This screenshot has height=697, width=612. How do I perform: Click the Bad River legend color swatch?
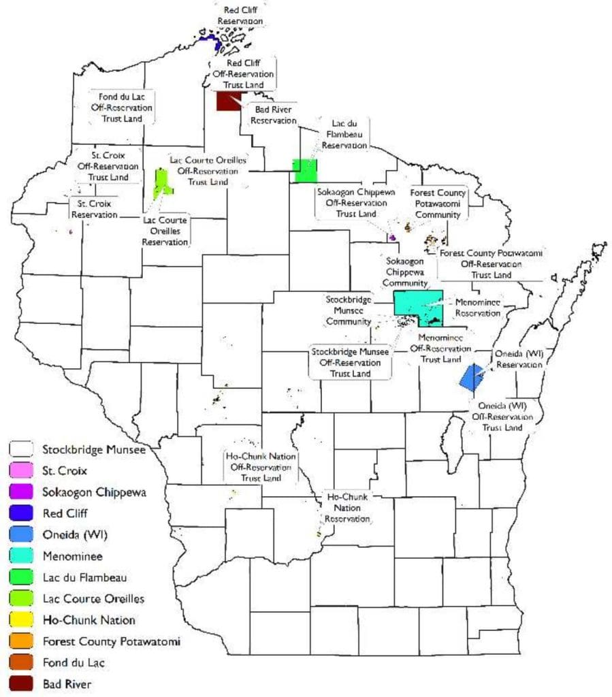pyautogui.click(x=21, y=683)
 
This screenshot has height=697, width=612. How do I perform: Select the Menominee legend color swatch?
pyautogui.click(x=21, y=555)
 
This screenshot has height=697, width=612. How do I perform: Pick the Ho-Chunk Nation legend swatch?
pyautogui.click(x=21, y=619)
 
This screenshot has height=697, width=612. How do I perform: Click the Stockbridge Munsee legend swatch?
pyautogui.click(x=21, y=449)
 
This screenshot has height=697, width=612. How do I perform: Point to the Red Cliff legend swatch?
pyautogui.click(x=21, y=513)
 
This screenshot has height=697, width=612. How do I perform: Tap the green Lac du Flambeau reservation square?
pyautogui.click(x=304, y=170)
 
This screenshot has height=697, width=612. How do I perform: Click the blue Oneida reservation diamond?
pyautogui.click(x=471, y=377)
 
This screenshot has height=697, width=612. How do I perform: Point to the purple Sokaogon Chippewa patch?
pyautogui.click(x=392, y=238)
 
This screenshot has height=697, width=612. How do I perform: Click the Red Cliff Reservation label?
pyautogui.click(x=240, y=16)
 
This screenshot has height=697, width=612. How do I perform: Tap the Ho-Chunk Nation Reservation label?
pyautogui.click(x=347, y=508)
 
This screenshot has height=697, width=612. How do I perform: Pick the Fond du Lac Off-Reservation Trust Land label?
pyautogui.click(x=122, y=107)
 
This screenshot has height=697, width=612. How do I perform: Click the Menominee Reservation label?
pyautogui.click(x=477, y=307)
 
